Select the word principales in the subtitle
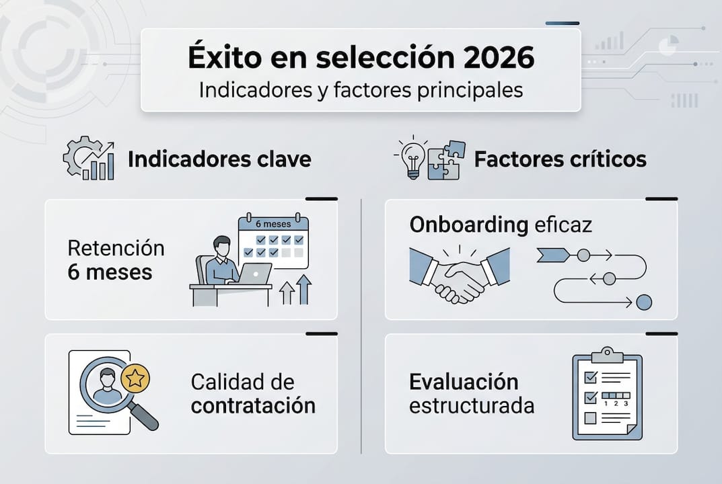click(473, 89)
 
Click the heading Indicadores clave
click(219, 159)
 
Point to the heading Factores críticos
click(560, 159)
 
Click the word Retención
click(116, 248)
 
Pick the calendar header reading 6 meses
click(273, 224)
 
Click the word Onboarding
click(468, 225)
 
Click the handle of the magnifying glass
click(143, 416)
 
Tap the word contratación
click(253, 406)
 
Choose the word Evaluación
click(464, 382)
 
